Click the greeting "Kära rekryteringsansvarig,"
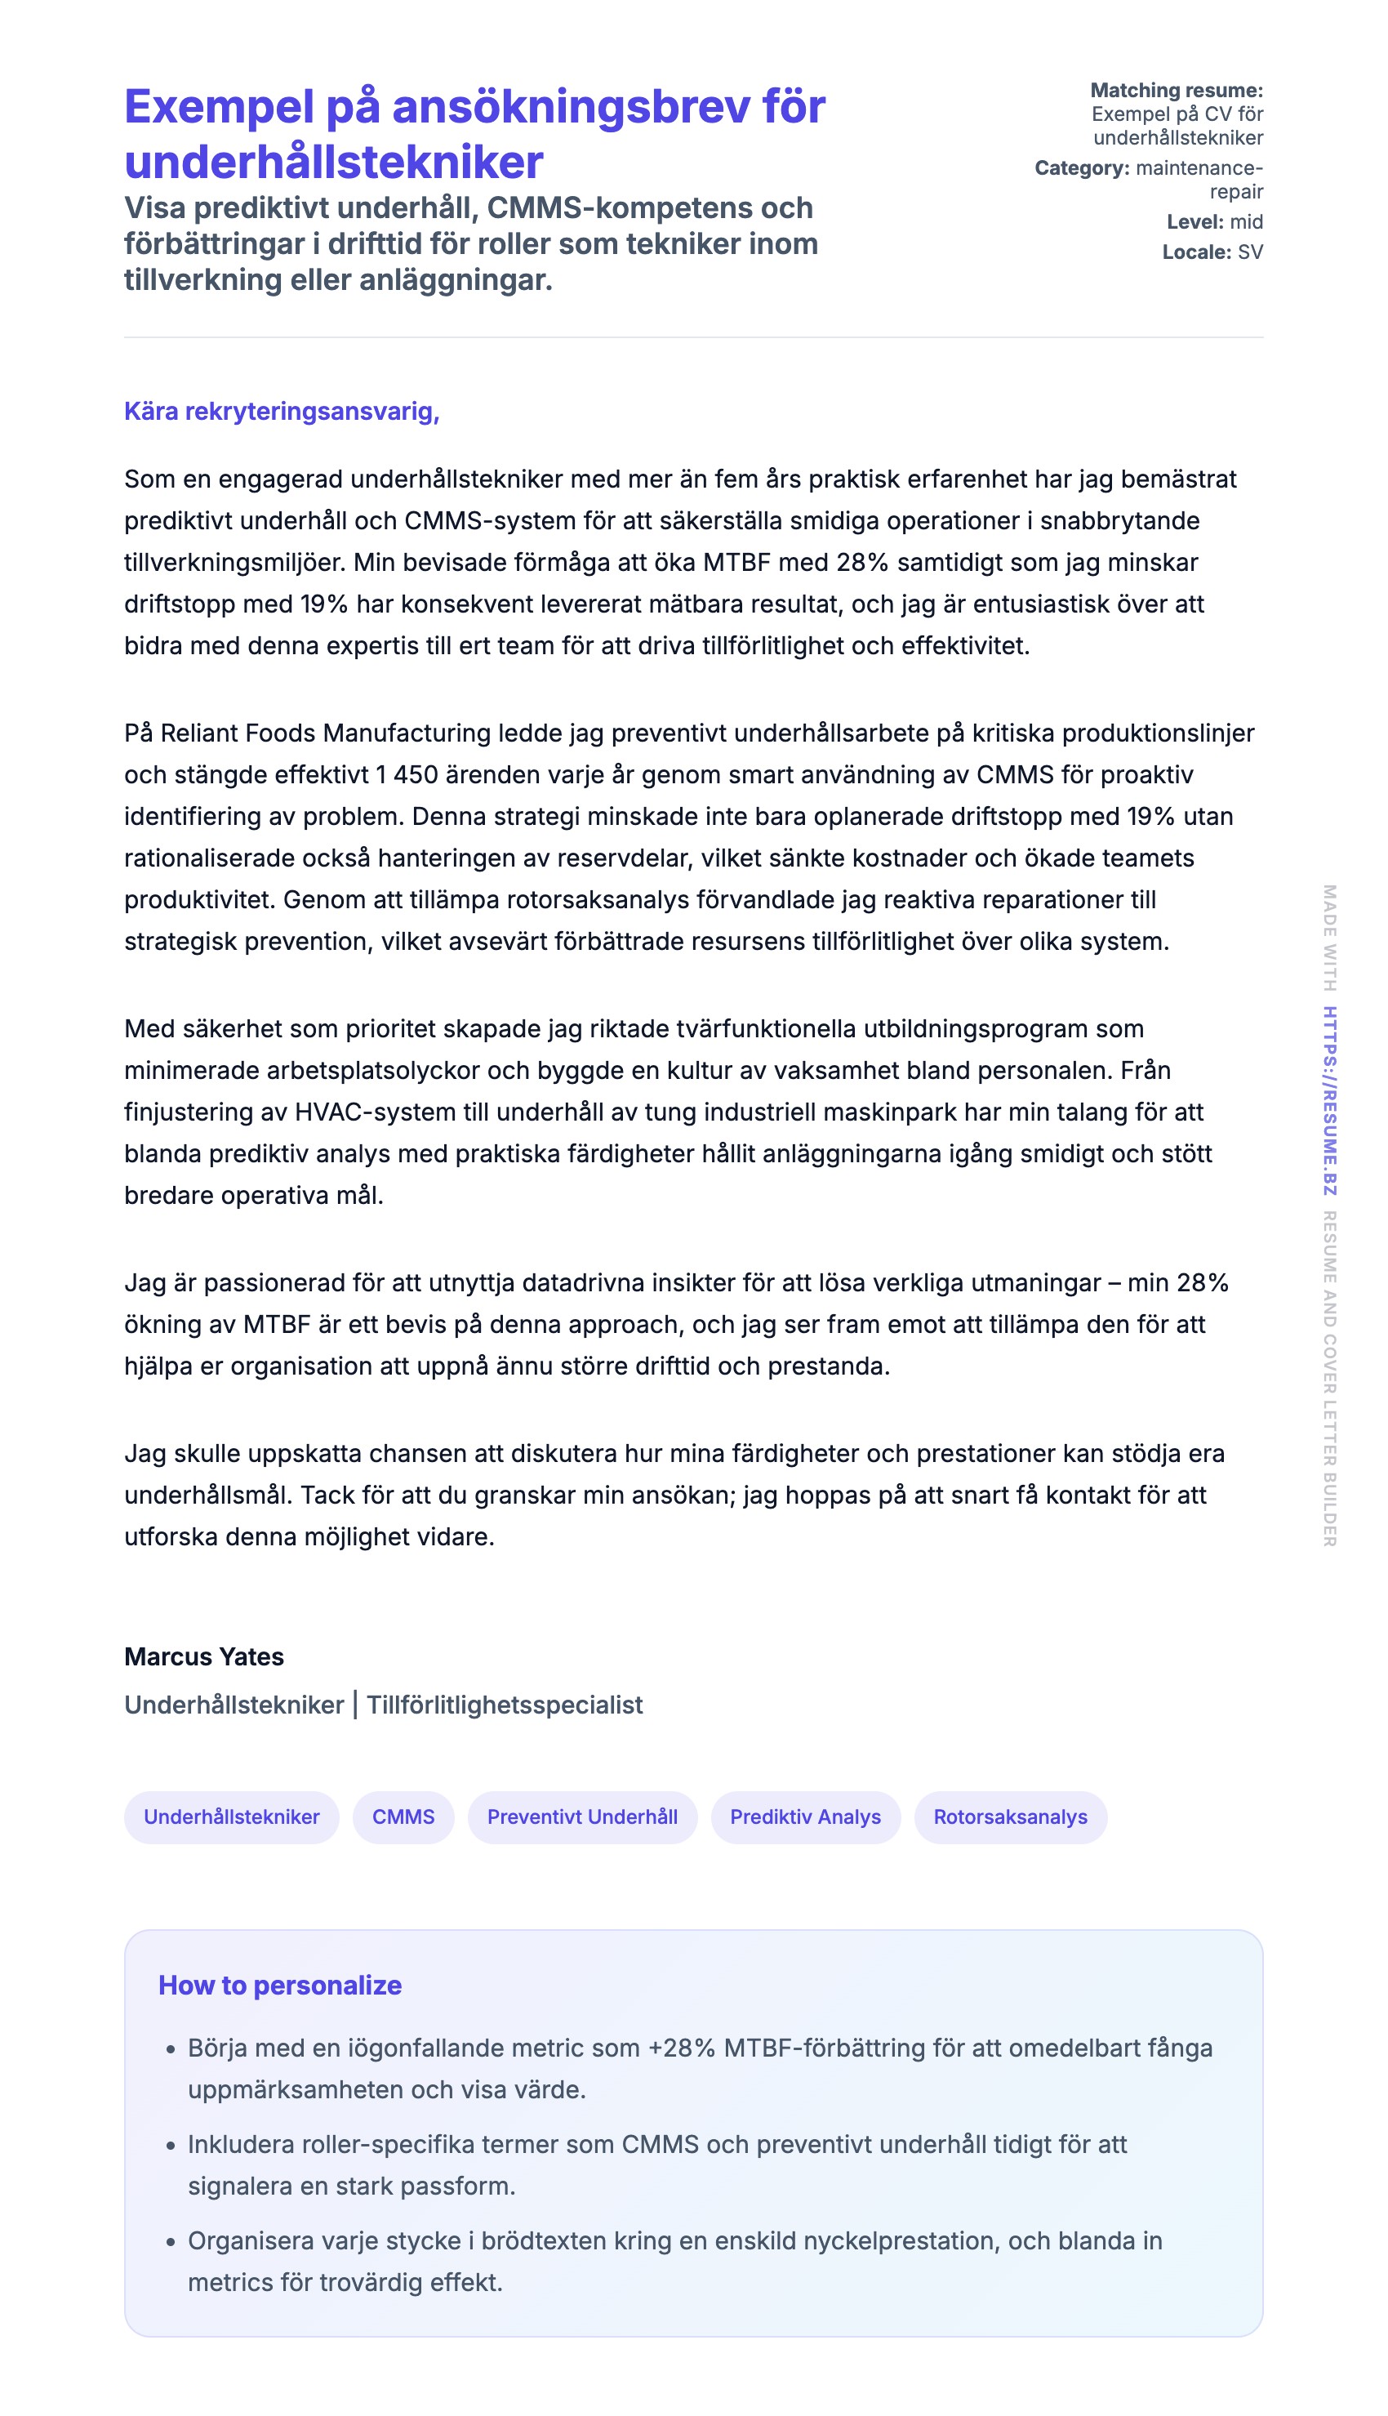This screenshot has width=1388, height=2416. pyautogui.click(x=281, y=411)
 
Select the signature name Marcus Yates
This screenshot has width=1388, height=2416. pyautogui.click(x=204, y=1656)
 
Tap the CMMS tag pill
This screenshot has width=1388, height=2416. pyautogui.click(x=403, y=1816)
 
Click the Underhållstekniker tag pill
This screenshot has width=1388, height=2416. pyautogui.click(x=232, y=1816)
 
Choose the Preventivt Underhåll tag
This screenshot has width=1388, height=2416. pyautogui.click(x=582, y=1816)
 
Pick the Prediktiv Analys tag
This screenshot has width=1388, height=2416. pyautogui.click(x=806, y=1816)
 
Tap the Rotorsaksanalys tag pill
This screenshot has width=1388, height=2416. pyautogui.click(x=1011, y=1816)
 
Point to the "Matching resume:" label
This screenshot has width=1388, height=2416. pyautogui.click(x=1177, y=91)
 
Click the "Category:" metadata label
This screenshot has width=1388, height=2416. pyautogui.click(x=1082, y=167)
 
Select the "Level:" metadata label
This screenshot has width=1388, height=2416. pyautogui.click(x=1195, y=222)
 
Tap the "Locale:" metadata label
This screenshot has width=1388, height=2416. pyautogui.click(x=1196, y=252)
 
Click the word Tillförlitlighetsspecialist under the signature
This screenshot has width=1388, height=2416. pyautogui.click(x=505, y=1705)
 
